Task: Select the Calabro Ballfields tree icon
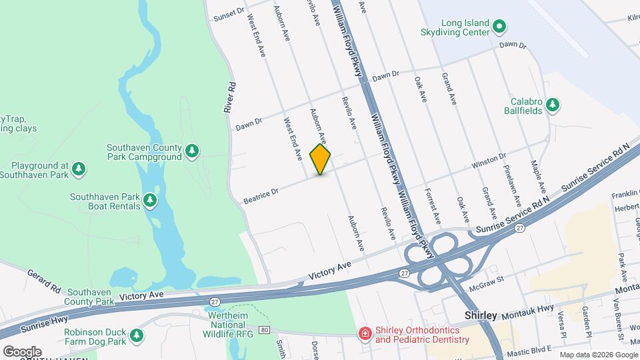click(552, 105)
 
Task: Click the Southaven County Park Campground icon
click(192, 151)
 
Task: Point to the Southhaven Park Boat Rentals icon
click(151, 200)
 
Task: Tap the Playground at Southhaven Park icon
click(79, 169)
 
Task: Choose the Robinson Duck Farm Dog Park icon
click(136, 335)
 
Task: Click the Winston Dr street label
click(489, 161)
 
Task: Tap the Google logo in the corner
click(22, 351)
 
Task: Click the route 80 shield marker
click(264, 330)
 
